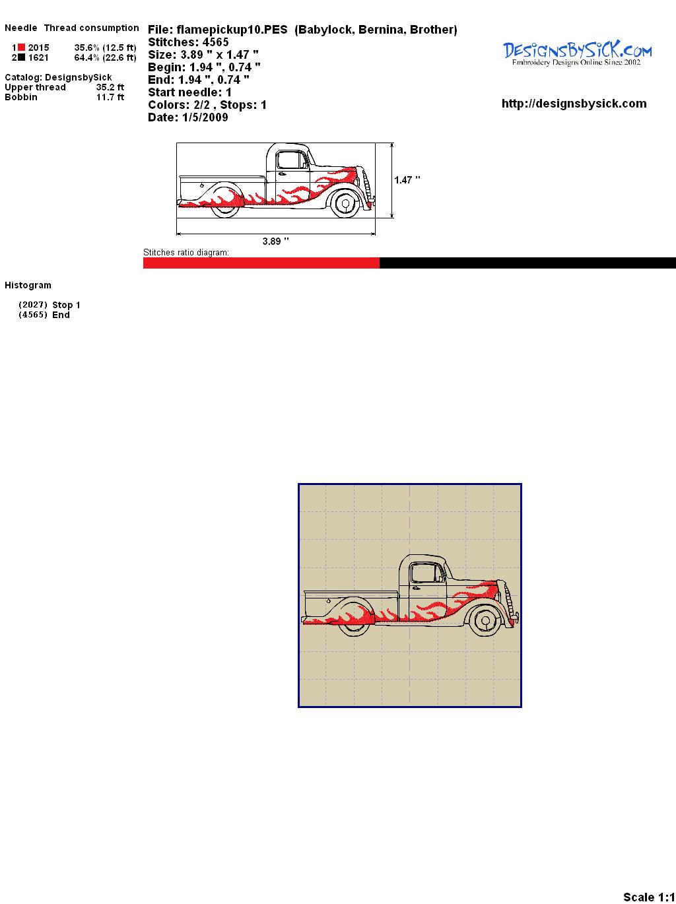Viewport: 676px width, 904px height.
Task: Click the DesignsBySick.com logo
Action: (577, 53)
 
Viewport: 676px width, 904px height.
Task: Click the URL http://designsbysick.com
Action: (574, 104)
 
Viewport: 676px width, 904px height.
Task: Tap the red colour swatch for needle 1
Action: (22, 48)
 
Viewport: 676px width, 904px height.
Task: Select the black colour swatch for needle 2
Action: (22, 57)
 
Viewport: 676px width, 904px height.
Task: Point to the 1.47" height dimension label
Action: (407, 180)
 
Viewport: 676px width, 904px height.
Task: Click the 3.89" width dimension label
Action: (275, 241)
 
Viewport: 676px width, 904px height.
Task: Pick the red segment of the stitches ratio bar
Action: (261, 263)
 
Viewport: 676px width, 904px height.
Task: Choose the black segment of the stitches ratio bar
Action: (527, 263)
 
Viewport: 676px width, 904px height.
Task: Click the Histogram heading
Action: (28, 285)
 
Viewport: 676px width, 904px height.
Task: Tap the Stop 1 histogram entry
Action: (66, 305)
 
